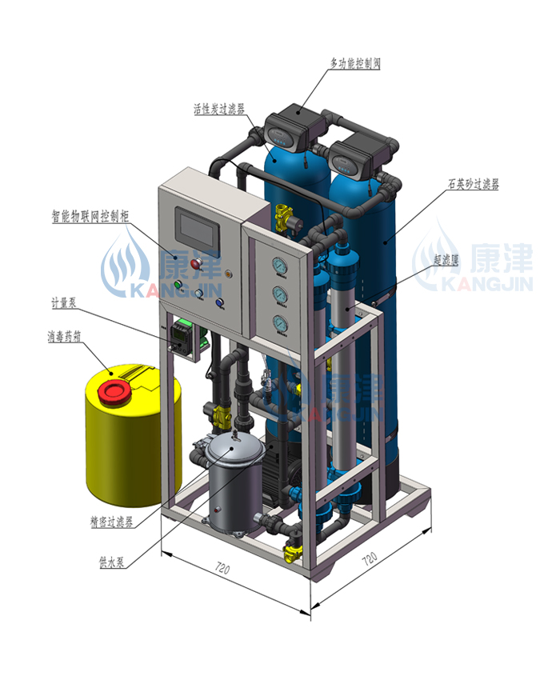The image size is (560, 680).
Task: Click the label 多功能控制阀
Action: click(x=355, y=63)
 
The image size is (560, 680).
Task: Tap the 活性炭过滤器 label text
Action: click(x=219, y=109)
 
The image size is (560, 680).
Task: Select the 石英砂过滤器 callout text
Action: click(x=474, y=184)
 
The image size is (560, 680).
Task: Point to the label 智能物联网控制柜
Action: click(x=90, y=216)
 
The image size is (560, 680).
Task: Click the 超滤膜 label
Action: click(x=446, y=260)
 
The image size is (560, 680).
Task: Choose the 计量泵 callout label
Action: click(x=64, y=302)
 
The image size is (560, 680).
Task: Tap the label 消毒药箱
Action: click(x=64, y=336)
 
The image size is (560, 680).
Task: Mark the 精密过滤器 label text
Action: click(x=111, y=522)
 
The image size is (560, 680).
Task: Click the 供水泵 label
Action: click(x=111, y=562)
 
